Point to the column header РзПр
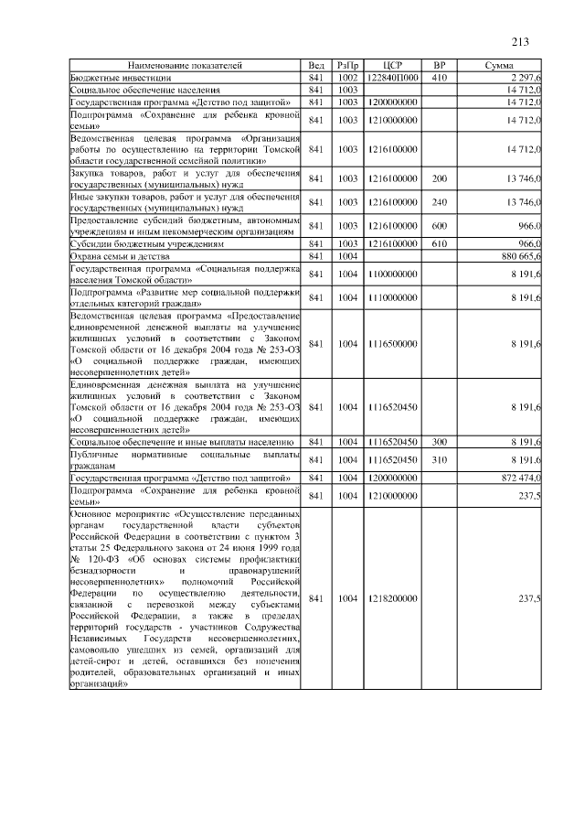click(347, 67)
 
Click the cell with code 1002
click(347, 79)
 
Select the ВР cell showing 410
click(439, 79)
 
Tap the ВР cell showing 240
click(439, 201)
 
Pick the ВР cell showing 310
click(439, 459)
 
